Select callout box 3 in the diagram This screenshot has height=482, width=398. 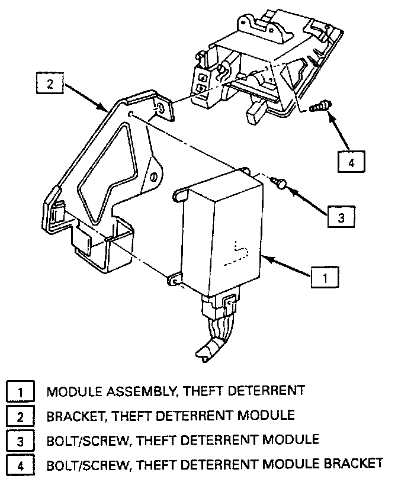pyautogui.click(x=341, y=217)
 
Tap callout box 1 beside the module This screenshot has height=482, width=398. pyautogui.click(x=324, y=276)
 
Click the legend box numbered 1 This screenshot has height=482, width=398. pyautogui.click(x=19, y=391)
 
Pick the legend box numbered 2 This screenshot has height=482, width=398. pyautogui.click(x=19, y=416)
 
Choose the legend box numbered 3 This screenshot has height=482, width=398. pyautogui.click(x=19, y=440)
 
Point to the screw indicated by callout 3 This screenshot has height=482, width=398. pyautogui.click(x=280, y=183)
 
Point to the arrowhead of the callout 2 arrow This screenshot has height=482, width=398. pyautogui.click(x=107, y=110)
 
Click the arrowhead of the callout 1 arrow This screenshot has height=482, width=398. pyautogui.click(x=264, y=258)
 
